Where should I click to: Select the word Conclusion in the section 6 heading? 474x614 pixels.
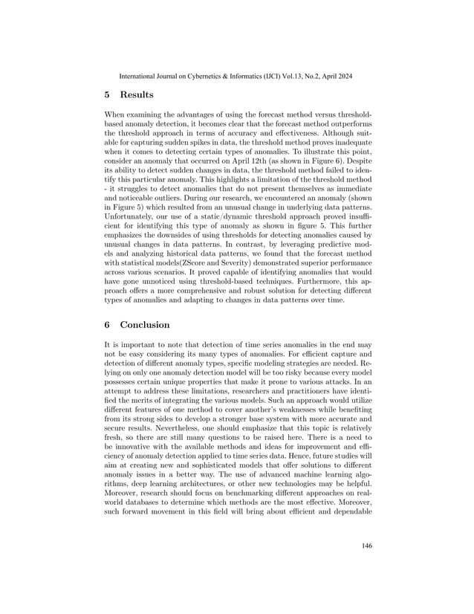pos(145,325)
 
